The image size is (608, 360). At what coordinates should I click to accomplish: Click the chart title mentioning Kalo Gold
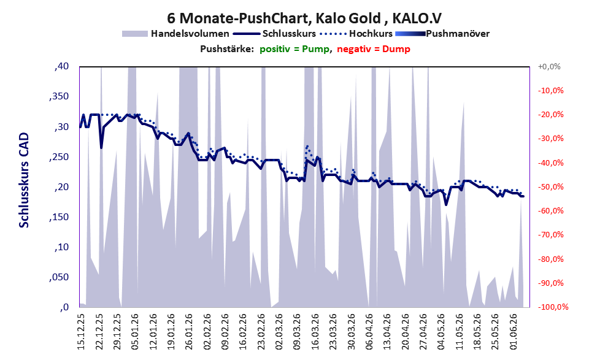(304, 18)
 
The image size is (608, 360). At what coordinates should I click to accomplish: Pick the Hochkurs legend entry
(356, 34)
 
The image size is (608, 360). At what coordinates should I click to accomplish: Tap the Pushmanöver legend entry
(442, 34)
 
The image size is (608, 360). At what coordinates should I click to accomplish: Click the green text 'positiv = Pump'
(294, 49)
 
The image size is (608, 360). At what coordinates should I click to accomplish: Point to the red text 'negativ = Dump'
(374, 49)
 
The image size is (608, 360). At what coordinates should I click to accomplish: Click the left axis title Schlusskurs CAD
(24, 180)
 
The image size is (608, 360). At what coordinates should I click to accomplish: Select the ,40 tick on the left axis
(61, 66)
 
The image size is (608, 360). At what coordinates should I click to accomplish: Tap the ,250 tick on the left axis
(59, 157)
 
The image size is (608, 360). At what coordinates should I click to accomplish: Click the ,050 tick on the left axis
(59, 277)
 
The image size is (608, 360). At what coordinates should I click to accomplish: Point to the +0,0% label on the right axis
(549, 67)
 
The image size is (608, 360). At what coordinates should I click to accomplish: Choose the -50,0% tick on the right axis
(550, 187)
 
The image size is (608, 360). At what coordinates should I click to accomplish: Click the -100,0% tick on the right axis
(552, 307)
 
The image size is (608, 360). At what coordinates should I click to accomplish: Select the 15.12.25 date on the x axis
(81, 332)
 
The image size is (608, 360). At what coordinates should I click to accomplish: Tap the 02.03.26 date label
(279, 332)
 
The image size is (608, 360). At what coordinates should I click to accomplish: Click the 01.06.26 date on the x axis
(514, 332)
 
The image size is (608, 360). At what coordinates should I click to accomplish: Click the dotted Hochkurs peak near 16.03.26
(307, 146)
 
